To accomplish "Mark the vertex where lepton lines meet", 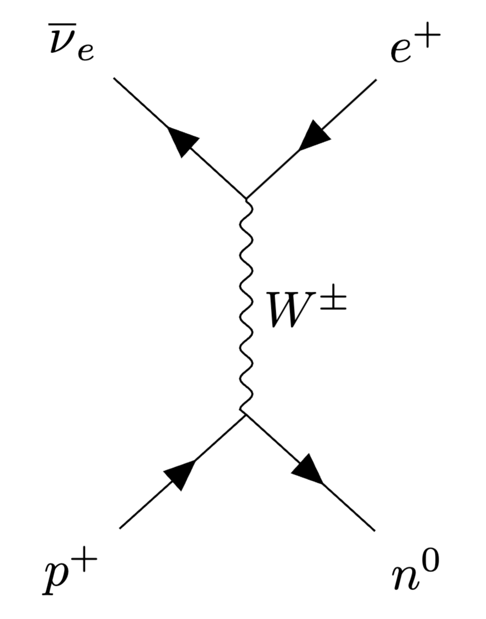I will pyautogui.click(x=245, y=198).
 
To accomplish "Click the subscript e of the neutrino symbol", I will pyautogui.click(x=85, y=54).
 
